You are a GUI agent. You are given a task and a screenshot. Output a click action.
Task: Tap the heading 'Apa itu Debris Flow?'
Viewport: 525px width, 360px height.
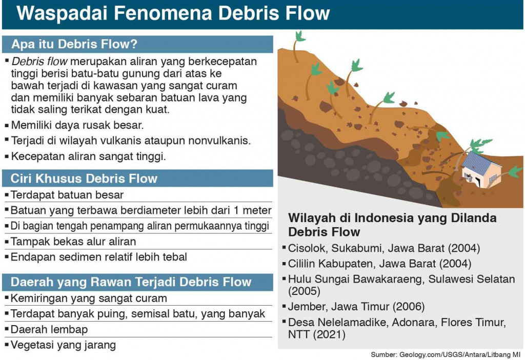74,44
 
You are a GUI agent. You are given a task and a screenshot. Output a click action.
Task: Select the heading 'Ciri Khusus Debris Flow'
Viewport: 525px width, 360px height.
84,178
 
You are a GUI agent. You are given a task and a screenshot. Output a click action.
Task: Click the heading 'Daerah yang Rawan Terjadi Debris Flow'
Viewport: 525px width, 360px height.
131,282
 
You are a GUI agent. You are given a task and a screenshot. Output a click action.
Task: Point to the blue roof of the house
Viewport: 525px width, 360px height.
479,161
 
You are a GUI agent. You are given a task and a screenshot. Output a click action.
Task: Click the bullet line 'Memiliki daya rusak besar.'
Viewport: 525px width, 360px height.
76,125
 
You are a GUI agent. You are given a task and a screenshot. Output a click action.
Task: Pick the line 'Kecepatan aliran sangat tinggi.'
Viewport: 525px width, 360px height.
88,156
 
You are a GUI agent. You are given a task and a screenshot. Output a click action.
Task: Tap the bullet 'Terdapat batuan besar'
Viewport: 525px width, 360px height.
67,194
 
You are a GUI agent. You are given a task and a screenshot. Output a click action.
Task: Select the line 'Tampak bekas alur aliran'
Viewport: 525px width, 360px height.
73,242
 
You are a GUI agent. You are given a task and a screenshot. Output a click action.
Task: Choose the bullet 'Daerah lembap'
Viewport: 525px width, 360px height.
49,329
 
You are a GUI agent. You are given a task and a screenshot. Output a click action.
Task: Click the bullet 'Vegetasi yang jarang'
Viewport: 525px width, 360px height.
63,345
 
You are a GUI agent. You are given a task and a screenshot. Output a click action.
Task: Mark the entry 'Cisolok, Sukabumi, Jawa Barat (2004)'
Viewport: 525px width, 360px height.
384,249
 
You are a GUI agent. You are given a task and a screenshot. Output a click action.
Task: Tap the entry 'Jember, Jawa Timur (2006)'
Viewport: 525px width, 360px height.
356,307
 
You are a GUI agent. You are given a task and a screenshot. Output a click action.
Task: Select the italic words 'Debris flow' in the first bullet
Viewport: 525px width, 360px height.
39,62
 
